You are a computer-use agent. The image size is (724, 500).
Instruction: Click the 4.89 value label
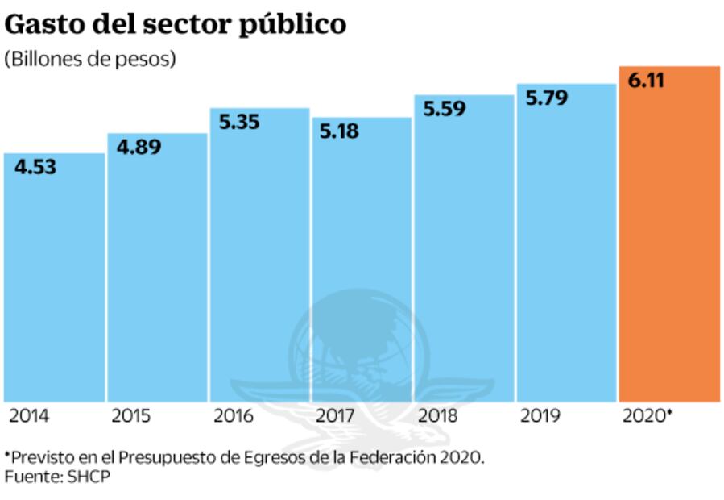[x=139, y=148]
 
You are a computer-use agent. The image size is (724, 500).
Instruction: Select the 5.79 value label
[x=547, y=98]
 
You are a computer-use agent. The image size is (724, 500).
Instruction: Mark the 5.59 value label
[x=445, y=109]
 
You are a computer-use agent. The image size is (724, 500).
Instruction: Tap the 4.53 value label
[x=36, y=168]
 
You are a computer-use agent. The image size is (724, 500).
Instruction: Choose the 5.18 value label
[x=339, y=131]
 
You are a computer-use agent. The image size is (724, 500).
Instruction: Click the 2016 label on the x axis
[x=234, y=417]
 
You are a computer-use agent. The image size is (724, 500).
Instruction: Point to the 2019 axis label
[x=540, y=417]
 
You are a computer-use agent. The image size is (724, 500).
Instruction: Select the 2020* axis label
[x=648, y=417]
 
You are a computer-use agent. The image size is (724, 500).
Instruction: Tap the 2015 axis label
[x=131, y=417]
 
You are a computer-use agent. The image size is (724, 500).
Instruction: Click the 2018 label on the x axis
[x=438, y=417]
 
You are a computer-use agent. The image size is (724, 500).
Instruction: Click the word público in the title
[x=292, y=25]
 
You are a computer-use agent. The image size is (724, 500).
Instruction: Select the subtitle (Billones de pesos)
[x=89, y=60]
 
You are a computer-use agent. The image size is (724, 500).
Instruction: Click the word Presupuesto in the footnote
[x=165, y=457]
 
